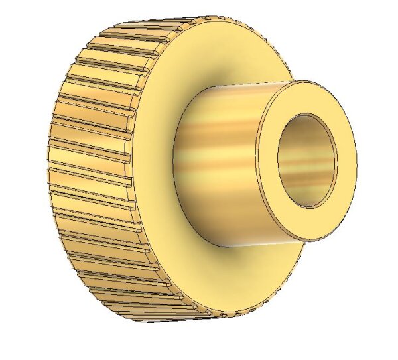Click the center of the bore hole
[307, 160]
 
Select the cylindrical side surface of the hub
[219, 166]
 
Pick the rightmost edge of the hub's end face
[356, 159]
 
